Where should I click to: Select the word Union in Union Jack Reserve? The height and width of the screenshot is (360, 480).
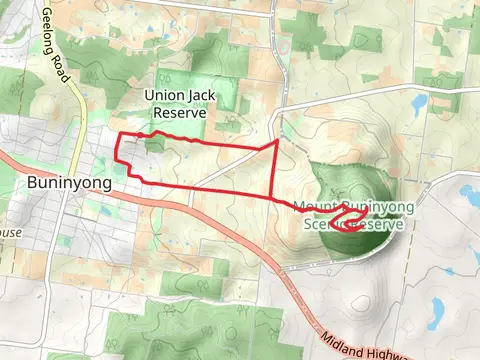163,95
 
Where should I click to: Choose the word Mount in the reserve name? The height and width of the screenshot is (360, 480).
314,207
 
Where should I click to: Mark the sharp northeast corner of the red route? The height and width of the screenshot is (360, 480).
277,142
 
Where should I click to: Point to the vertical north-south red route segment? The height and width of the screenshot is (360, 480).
277,170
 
